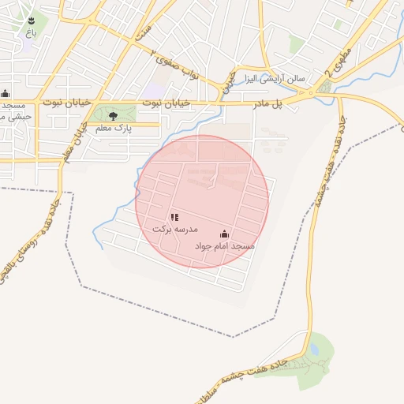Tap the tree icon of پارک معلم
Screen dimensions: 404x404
tap(113, 115)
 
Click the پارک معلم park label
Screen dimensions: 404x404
tap(112, 127)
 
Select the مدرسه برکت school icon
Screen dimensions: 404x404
tap(174, 217)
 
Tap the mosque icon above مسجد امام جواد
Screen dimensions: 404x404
tap(224, 234)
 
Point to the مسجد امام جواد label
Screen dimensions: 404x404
tap(225, 246)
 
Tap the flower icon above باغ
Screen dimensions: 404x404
tap(30, 21)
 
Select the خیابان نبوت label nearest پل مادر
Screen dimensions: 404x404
tap(161, 103)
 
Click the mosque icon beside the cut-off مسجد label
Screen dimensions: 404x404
tap(6, 93)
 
